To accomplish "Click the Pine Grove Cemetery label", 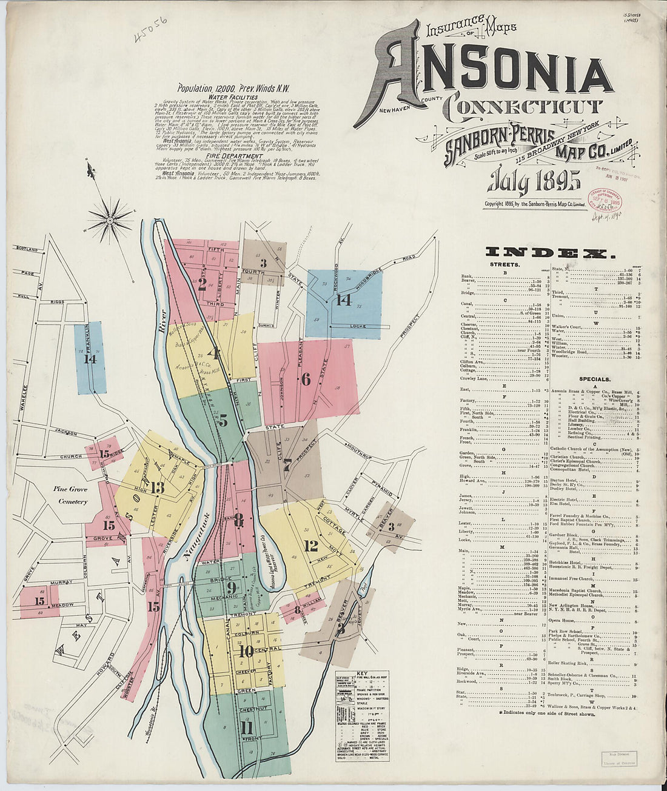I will (x=70, y=495).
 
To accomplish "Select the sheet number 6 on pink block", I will (x=306, y=379).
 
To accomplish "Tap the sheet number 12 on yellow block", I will (x=294, y=546).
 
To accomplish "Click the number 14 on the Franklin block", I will (x=90, y=358).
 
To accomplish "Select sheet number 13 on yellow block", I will (x=158, y=487).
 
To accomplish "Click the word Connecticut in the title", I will (x=523, y=107).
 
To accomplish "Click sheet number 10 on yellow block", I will (x=246, y=652).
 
